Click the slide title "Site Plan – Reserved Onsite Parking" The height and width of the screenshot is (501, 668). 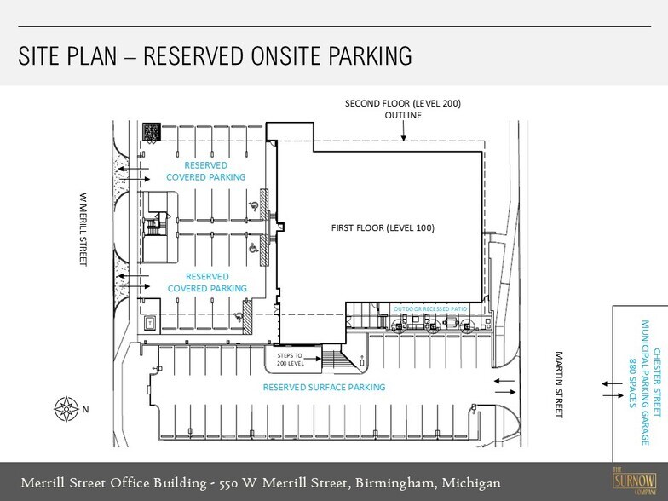[x=215, y=56]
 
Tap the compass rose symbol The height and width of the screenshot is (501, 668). [x=66, y=409]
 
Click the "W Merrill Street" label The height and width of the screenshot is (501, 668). [x=83, y=230]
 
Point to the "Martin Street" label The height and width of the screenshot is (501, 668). [x=559, y=384]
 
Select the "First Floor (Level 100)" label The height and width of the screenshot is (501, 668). [x=383, y=228]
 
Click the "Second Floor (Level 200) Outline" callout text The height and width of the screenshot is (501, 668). [x=403, y=109]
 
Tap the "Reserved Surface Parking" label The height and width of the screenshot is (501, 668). [x=324, y=387]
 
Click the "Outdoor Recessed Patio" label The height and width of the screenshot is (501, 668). [x=429, y=308]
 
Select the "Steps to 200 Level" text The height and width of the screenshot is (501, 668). [x=290, y=360]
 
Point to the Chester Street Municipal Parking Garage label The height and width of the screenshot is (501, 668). [x=646, y=383]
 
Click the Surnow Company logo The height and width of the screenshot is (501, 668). [x=634, y=481]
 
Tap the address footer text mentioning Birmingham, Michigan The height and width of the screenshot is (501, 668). [x=261, y=483]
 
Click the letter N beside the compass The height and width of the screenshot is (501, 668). [x=85, y=409]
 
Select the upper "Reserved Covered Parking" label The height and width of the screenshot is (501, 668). [x=206, y=171]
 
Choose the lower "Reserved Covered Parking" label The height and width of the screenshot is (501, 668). [x=207, y=283]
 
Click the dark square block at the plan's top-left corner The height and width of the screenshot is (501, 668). [x=152, y=131]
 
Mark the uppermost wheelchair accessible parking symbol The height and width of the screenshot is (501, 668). [x=253, y=206]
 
